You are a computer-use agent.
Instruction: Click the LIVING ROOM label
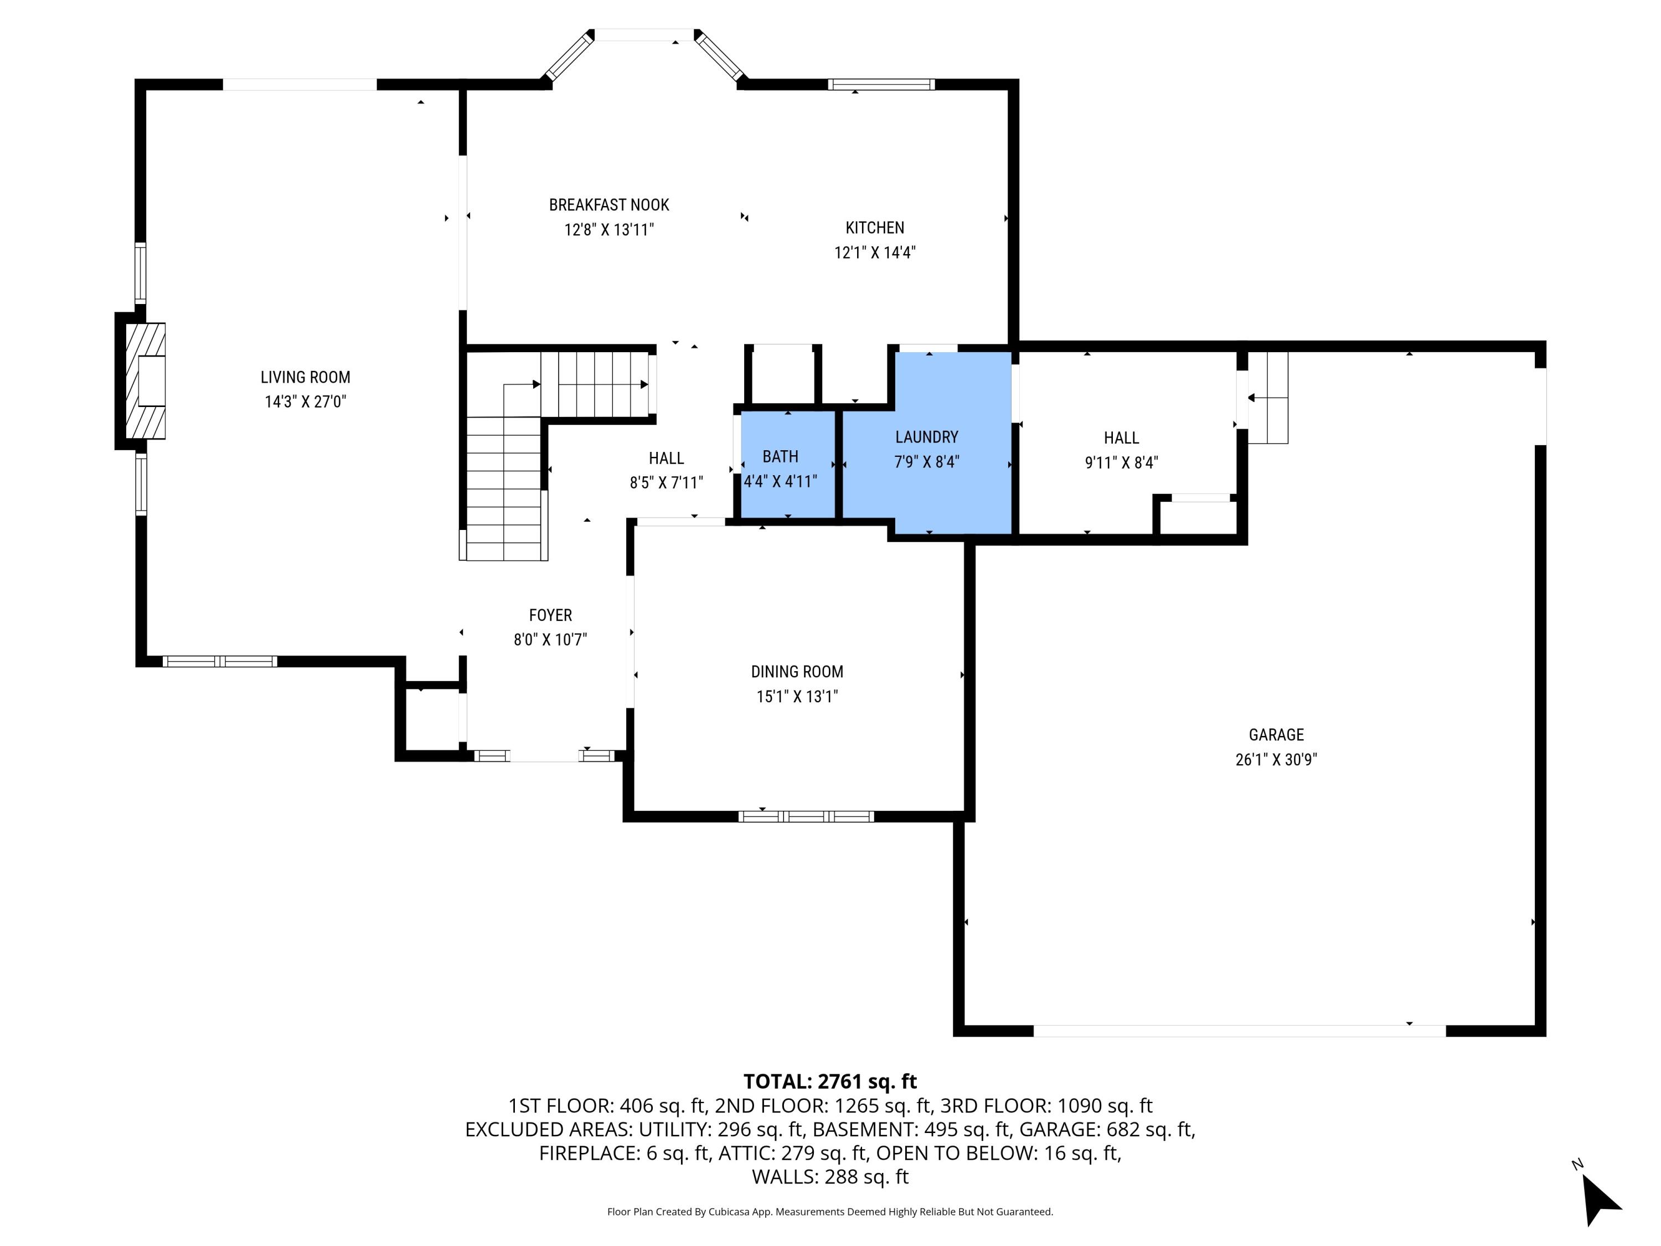coord(305,377)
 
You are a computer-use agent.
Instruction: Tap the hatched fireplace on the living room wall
coord(146,381)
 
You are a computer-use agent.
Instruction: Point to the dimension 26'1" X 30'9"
coord(1276,759)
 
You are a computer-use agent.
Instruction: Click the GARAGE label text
coord(1276,734)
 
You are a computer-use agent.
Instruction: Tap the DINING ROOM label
coord(797,671)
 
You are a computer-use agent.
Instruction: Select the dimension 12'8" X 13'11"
coord(609,229)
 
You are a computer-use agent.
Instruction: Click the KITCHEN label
coord(874,228)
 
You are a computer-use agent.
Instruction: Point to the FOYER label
coord(550,615)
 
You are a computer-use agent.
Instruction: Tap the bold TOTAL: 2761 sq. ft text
coord(830,1081)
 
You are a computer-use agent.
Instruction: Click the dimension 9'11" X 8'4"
coord(1121,462)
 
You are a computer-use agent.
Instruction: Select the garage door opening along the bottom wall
coord(1239,1031)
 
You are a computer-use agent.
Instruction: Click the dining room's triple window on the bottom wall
coord(806,816)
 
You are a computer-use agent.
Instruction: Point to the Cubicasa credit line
coord(830,1212)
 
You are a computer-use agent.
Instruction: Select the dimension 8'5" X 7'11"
coord(666,482)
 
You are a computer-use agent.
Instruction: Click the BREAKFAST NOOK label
coord(609,204)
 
